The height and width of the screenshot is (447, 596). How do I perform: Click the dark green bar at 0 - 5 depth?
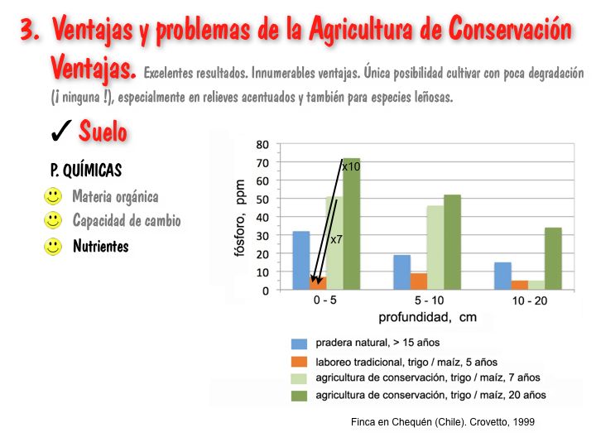[351, 223]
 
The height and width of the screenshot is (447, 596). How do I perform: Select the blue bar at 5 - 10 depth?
[401, 273]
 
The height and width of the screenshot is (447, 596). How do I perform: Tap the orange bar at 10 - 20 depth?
[520, 286]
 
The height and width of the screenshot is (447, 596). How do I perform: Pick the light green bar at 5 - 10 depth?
[435, 248]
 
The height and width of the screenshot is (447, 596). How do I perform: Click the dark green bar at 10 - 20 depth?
[553, 259]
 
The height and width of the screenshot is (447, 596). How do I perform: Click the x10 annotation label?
[351, 166]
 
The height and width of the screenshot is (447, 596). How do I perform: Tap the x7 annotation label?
[337, 239]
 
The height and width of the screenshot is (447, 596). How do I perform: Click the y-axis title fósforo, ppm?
[241, 217]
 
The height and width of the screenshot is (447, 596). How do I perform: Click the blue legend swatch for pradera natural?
[299, 343]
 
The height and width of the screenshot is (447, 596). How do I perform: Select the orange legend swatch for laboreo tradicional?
[299, 361]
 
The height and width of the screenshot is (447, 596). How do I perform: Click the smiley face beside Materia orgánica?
[53, 197]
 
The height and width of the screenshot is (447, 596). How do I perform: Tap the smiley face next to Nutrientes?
[53, 246]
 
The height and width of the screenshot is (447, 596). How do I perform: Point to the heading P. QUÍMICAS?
[86, 171]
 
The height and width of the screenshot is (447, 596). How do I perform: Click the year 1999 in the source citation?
[522, 422]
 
